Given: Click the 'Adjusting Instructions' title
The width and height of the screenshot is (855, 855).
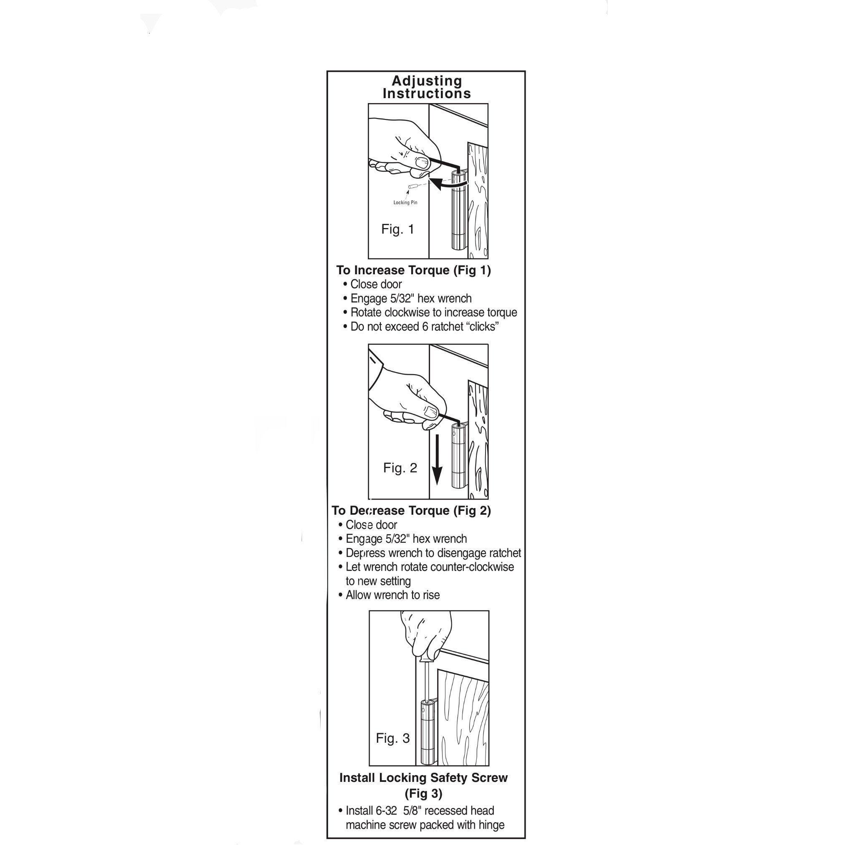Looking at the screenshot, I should pos(427,87).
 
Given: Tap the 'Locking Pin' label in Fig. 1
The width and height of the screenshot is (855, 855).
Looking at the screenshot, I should pos(405,202).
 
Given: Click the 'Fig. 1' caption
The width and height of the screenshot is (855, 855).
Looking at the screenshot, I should pos(397,229).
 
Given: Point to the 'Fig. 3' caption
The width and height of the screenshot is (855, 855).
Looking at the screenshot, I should pos(392,738).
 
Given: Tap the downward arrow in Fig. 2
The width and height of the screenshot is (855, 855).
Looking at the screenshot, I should pos(437,460).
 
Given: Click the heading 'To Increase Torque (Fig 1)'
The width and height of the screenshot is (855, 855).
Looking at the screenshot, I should pos(413,270).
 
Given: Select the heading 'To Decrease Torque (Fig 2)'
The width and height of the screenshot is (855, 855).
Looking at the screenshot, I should pos(411,510).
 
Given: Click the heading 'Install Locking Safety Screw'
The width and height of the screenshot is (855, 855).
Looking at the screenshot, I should pos(423,777).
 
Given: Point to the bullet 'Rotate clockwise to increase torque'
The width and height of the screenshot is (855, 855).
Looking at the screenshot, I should pos(433,312).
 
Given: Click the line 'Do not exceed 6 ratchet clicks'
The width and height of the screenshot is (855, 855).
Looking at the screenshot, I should pos(425,326).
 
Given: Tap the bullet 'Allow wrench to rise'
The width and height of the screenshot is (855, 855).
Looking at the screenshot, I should pos(392,595).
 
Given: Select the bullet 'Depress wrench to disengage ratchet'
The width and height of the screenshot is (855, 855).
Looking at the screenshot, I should pos(433,553).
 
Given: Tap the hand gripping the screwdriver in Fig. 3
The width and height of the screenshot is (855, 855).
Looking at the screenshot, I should pos(426,633).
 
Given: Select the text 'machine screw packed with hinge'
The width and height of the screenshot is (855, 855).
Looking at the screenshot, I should pos(425,825).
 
